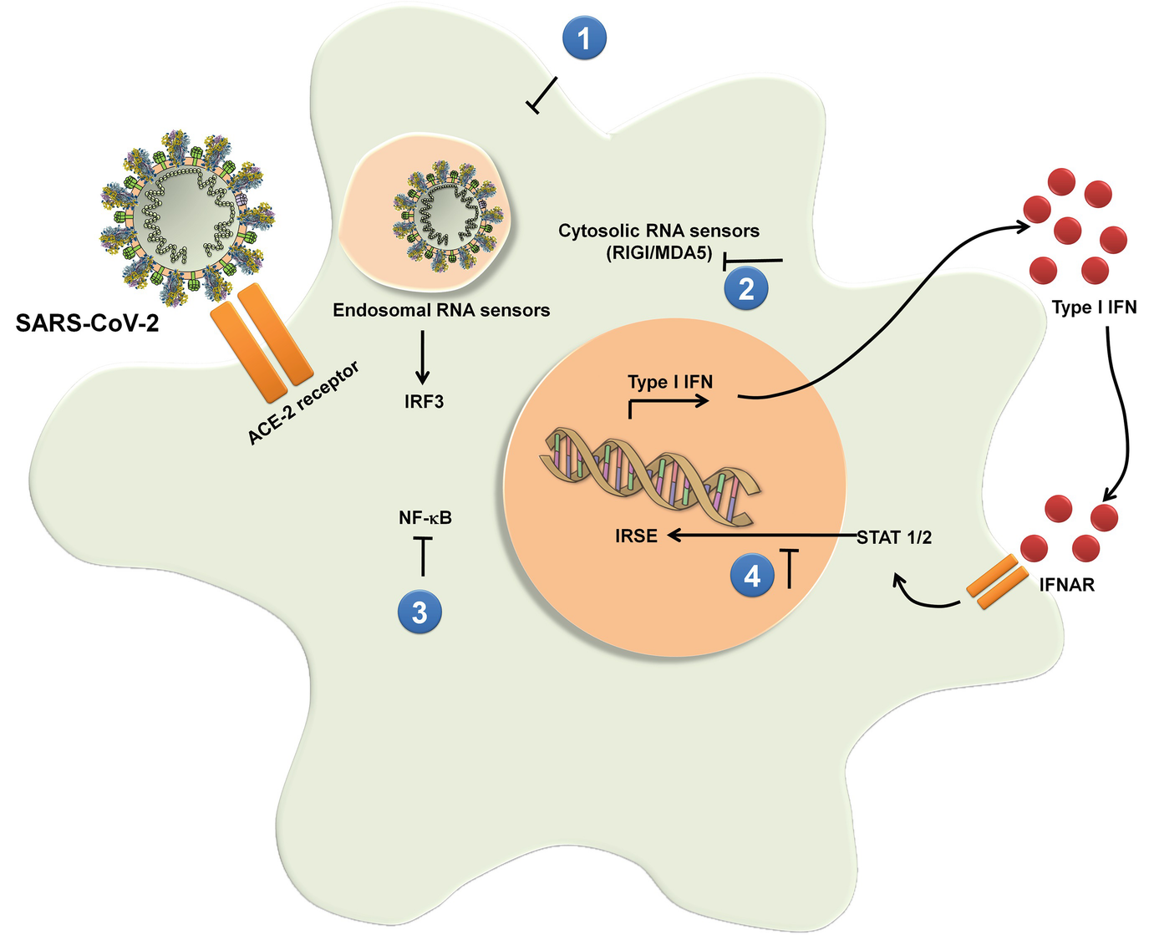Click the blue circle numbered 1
click(585, 38)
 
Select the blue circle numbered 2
click(746, 288)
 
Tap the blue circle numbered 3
click(419, 612)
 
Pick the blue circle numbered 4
click(752, 576)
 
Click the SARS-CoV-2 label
click(87, 323)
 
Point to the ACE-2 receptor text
click(304, 403)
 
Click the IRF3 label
click(424, 402)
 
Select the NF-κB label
click(425, 518)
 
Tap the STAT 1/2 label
click(894, 537)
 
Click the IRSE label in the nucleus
click(636, 536)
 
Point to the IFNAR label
click(1066, 585)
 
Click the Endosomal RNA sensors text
click(441, 311)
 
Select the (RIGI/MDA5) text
click(658, 255)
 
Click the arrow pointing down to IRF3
click(423, 355)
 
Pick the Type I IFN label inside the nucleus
click(670, 382)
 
